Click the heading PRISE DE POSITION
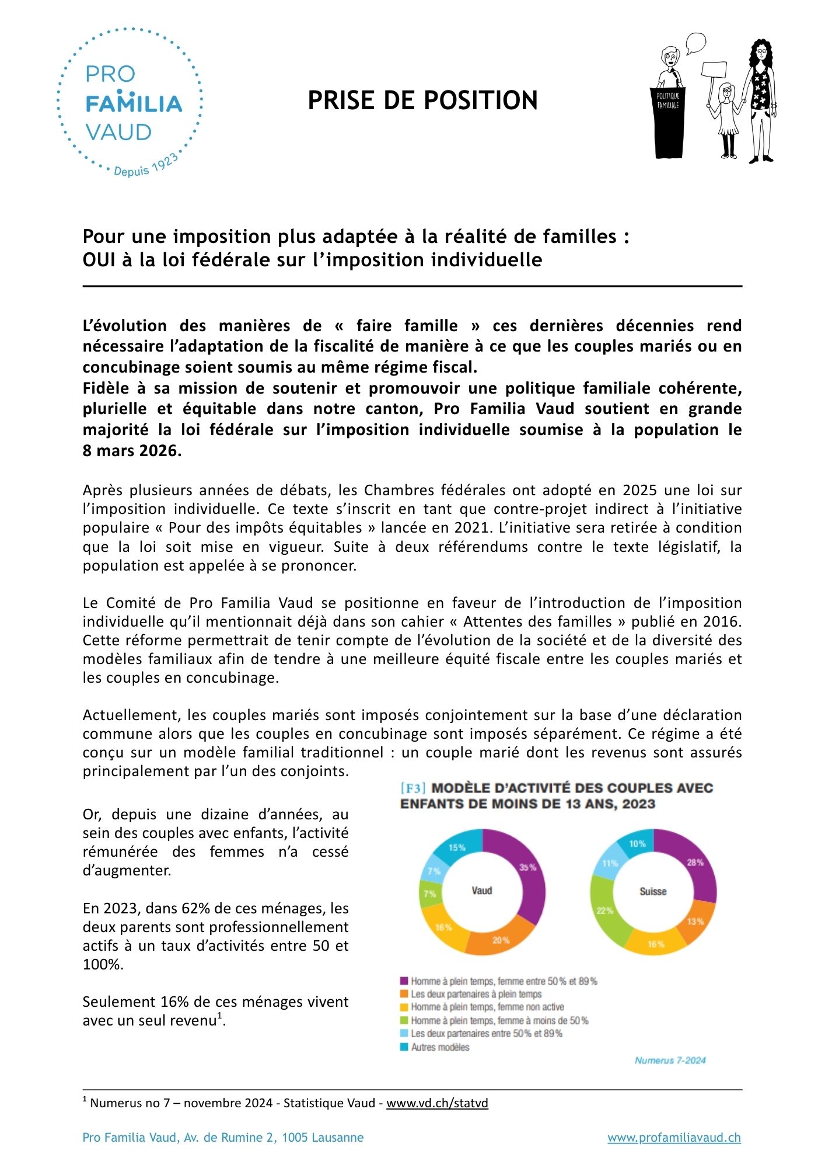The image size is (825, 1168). [x=422, y=100]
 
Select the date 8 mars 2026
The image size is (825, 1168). [x=132, y=451]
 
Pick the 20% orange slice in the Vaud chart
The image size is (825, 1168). [x=501, y=940]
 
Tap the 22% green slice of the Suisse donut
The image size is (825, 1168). [x=604, y=910]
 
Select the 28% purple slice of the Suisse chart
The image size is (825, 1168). [x=695, y=863]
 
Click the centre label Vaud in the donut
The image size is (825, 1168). [x=482, y=891]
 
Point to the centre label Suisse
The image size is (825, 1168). [x=653, y=892]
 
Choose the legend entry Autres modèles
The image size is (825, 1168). [x=440, y=1047]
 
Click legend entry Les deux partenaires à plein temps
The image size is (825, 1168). [x=476, y=994]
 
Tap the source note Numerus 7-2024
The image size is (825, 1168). [x=670, y=1060]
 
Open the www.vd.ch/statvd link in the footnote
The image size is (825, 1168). [x=437, y=1103]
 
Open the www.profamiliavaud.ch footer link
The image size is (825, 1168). [x=674, y=1138]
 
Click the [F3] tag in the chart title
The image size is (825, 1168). [x=412, y=788]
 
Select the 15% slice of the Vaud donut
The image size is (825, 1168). [x=457, y=847]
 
